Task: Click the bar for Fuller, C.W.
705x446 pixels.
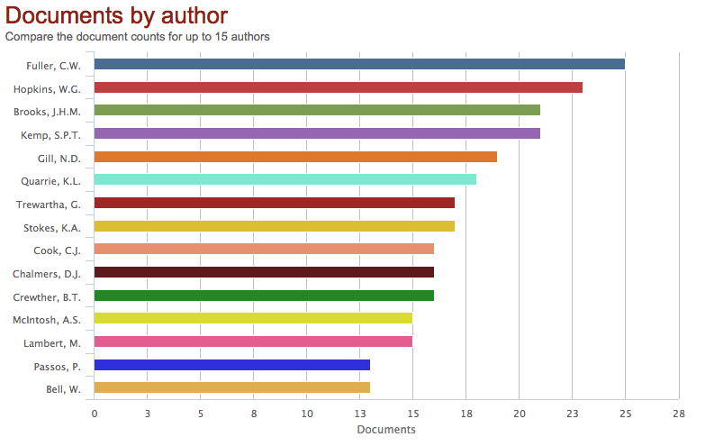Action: tap(359, 64)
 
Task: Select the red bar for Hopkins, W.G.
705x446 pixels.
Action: tap(338, 87)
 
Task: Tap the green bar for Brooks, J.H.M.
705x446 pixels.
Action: tap(317, 110)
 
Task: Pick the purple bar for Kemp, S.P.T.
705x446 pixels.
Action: tap(317, 133)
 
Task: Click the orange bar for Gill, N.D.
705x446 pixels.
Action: tap(295, 157)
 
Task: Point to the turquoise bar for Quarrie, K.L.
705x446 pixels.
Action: tap(285, 179)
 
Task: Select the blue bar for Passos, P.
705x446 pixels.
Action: tap(231, 365)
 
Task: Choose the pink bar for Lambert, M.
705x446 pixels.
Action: tap(253, 341)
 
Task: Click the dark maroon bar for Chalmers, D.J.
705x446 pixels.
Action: tap(264, 272)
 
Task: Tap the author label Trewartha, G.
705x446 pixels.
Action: tap(49, 205)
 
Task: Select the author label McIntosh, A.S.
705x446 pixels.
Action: tap(47, 320)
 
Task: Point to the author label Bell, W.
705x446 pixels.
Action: tap(63, 389)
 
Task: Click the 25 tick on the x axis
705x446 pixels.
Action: tap(625, 414)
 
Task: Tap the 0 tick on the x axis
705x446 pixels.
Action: tap(95, 414)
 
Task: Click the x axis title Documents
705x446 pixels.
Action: tap(386, 430)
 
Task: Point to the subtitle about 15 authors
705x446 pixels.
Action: tap(138, 37)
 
